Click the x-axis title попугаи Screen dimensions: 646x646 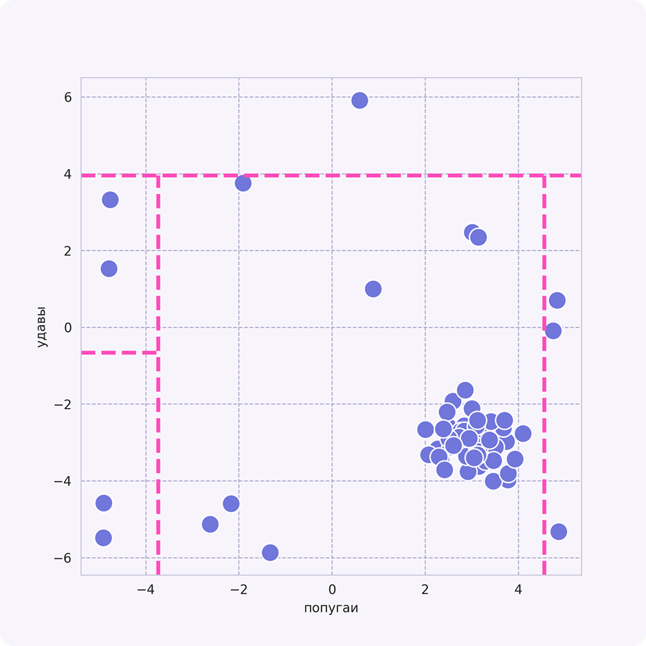[331, 608]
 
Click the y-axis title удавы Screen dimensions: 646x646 [43, 326]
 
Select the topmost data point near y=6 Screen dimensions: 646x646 [359, 100]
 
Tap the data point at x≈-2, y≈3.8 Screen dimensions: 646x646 [243, 183]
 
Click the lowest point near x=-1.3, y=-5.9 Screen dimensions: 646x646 [270, 553]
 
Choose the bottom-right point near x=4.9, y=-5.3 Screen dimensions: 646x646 [558, 531]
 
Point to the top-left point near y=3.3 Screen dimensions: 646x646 [110, 200]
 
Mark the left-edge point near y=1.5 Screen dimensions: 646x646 [109, 269]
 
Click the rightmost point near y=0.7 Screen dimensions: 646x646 [557, 300]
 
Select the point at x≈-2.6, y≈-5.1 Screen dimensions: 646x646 [210, 524]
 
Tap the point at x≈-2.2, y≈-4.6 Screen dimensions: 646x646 [231, 504]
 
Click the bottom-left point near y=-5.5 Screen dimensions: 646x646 [103, 537]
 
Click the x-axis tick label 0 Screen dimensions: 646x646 [332, 590]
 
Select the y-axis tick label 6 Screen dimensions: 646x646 [67, 98]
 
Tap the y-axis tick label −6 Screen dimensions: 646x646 [64, 558]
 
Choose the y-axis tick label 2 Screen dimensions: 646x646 [67, 251]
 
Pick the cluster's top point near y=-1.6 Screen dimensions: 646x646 [465, 390]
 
